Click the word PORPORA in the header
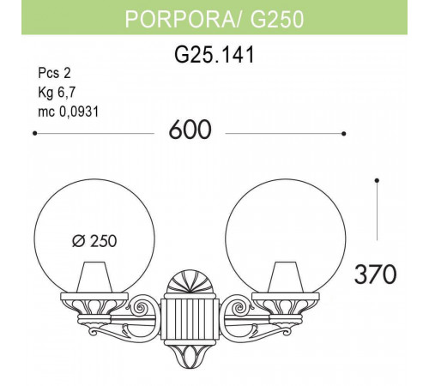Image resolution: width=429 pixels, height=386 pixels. point(170,20)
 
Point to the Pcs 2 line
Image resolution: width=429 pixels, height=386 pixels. point(53,74)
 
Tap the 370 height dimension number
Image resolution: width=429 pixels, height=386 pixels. point(375,274)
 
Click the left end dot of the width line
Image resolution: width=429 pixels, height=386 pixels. point(33,134)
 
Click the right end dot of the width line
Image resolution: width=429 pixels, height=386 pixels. point(343,134)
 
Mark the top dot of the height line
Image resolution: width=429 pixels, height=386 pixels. point(378,179)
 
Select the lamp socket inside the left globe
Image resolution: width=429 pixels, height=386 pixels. point(95,279)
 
